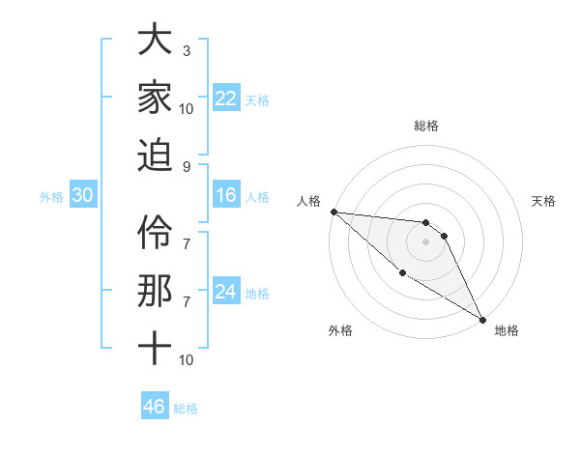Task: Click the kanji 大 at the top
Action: point(154,42)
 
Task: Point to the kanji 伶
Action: point(154,232)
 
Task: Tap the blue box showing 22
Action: point(226,99)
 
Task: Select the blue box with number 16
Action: point(226,196)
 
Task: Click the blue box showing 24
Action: point(226,292)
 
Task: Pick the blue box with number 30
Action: point(83,196)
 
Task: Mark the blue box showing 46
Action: point(155,407)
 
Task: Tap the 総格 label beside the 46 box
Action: point(186,409)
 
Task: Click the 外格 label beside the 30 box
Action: point(51,197)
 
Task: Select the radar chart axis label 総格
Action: point(425,126)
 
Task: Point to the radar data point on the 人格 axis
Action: point(333,212)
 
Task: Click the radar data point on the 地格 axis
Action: point(482,319)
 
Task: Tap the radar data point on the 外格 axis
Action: point(402,272)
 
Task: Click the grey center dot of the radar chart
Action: point(425,241)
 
